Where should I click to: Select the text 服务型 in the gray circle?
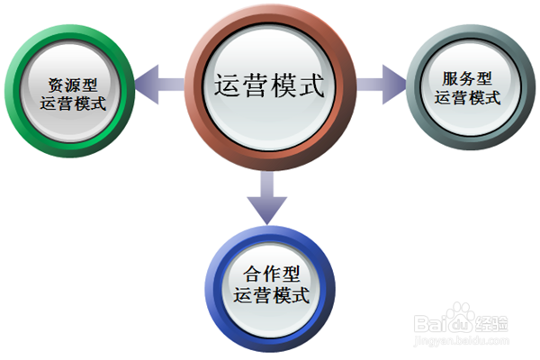pyautogui.click(x=467, y=78)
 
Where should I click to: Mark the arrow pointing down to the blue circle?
pyautogui.click(x=268, y=198)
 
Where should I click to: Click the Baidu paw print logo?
pyautogui.click(x=459, y=315)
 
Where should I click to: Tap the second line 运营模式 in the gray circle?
pyautogui.click(x=467, y=97)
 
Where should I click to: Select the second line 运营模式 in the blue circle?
pyautogui.click(x=270, y=294)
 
